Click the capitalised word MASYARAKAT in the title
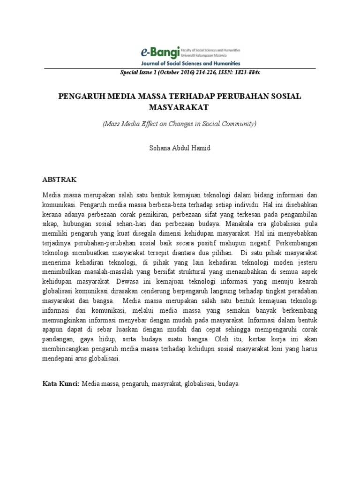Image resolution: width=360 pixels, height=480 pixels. click(180, 107)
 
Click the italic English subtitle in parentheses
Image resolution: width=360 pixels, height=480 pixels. click(180, 124)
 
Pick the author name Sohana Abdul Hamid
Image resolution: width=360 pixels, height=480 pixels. click(180, 148)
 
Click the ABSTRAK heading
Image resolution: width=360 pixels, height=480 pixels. click(60, 180)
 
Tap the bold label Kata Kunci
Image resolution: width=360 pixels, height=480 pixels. click(61, 383)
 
